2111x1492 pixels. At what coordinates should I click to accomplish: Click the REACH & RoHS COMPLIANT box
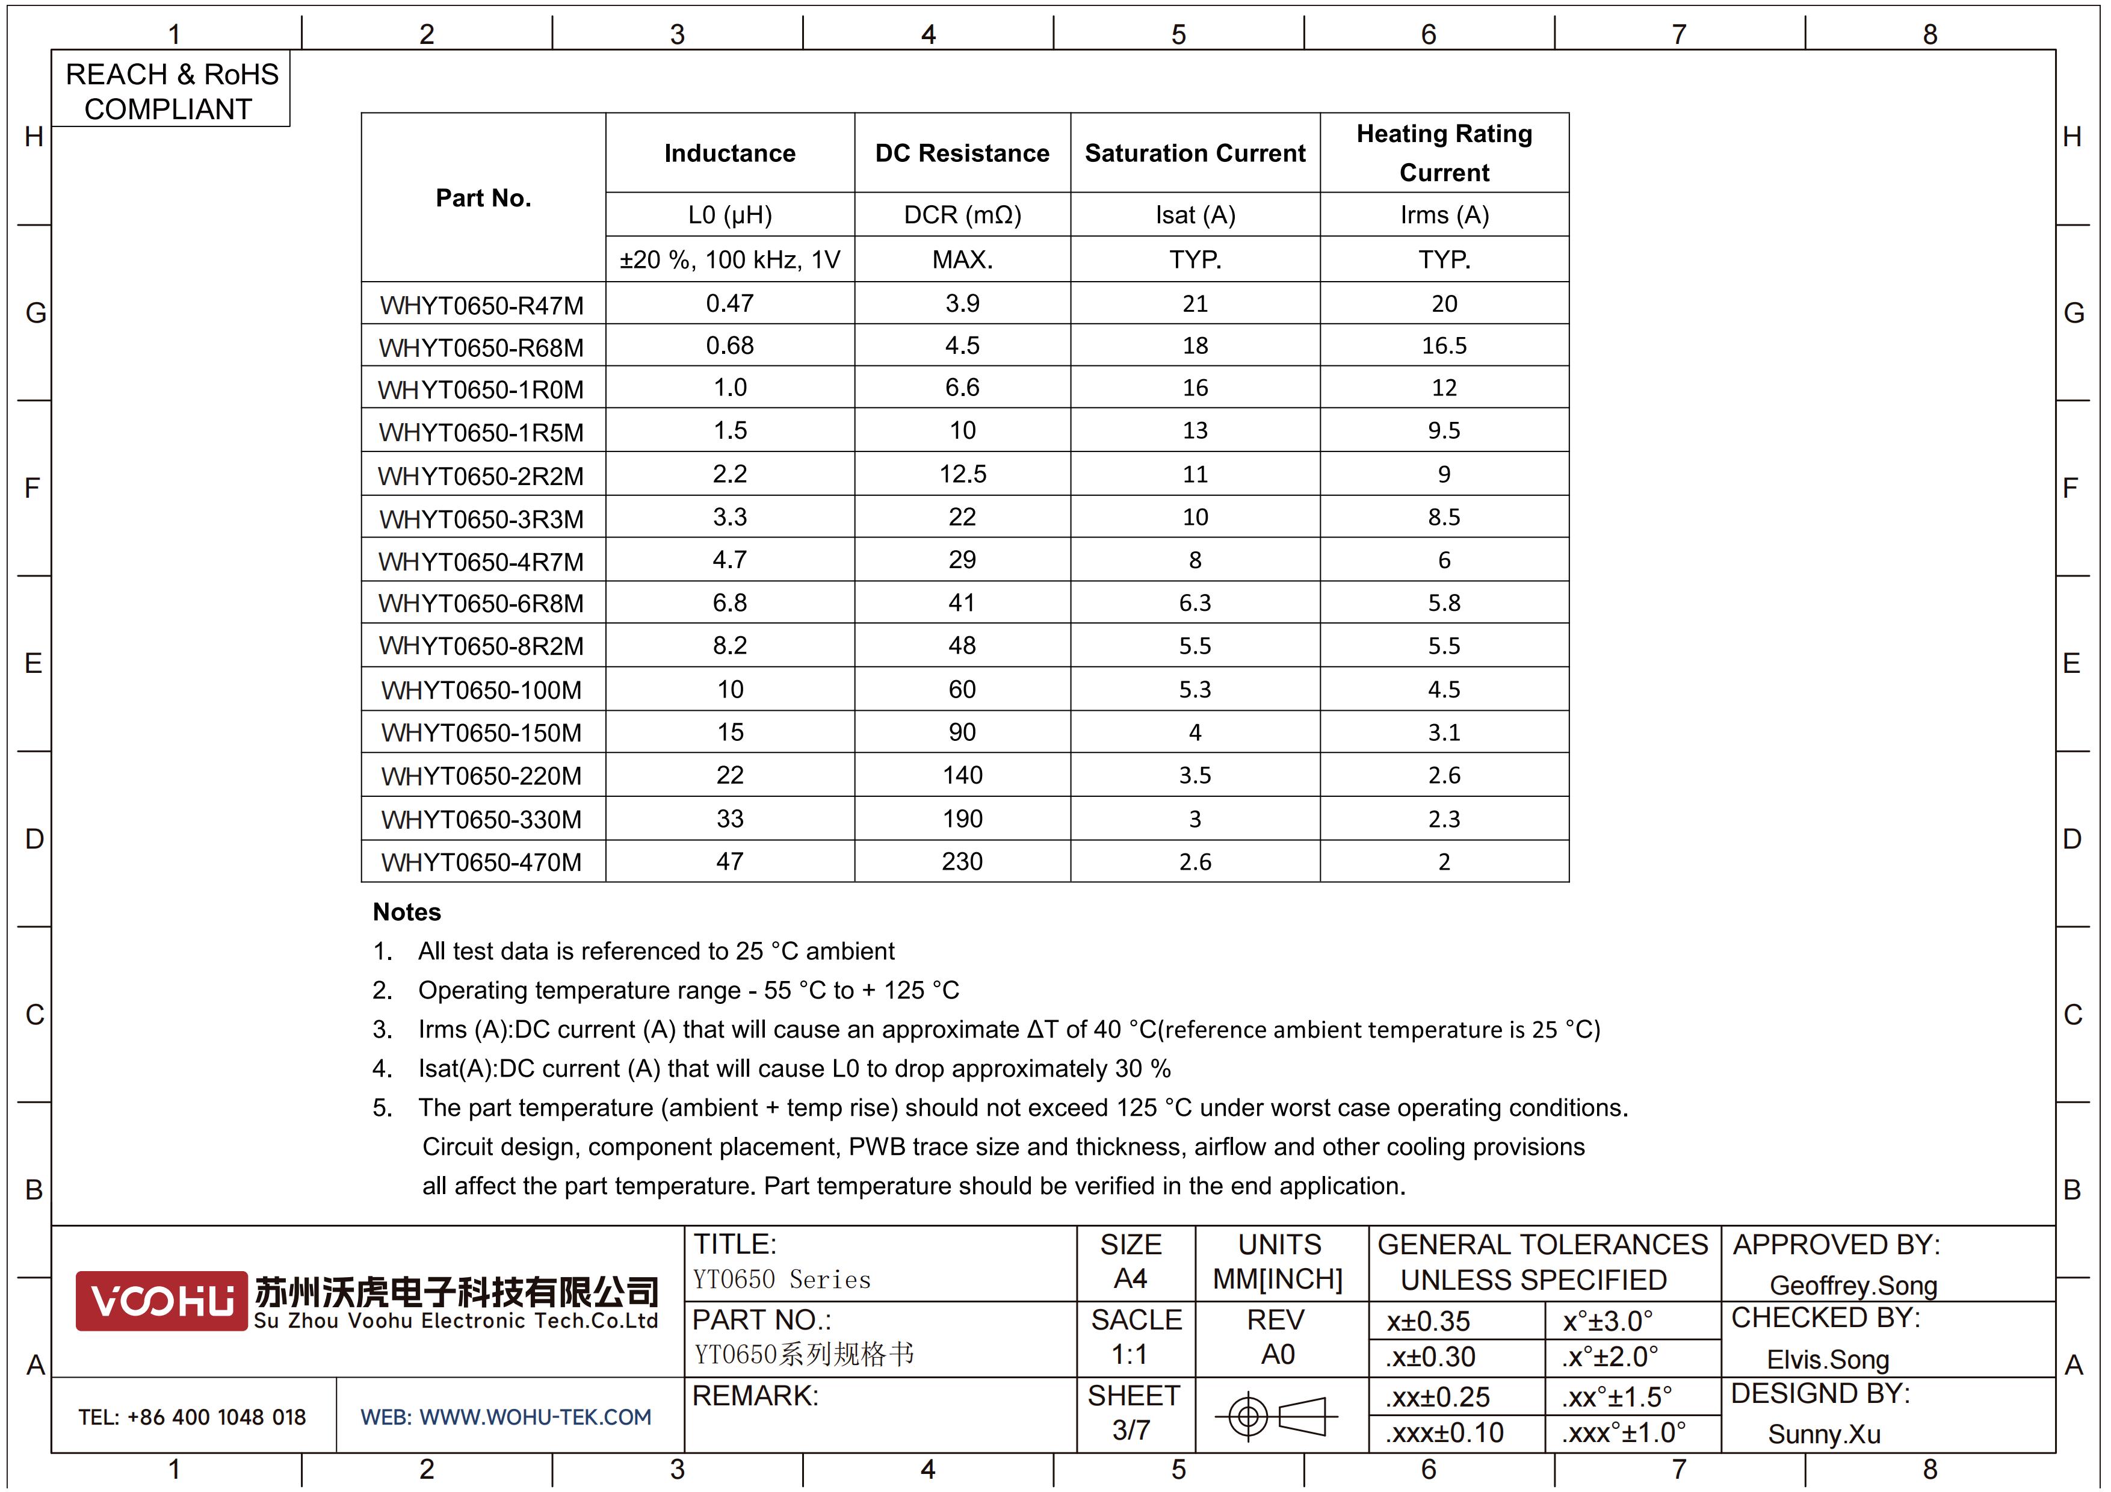click(x=171, y=91)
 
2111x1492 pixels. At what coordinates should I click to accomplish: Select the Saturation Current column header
click(x=1195, y=153)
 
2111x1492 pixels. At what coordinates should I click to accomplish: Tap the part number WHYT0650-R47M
click(x=482, y=305)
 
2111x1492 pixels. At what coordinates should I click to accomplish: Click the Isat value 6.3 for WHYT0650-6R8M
click(x=1195, y=603)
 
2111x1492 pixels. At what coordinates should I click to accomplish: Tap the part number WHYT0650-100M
click(x=482, y=690)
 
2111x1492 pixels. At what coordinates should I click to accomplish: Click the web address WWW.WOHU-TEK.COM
click(x=505, y=1417)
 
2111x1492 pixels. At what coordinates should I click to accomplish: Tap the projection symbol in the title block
click(x=1277, y=1416)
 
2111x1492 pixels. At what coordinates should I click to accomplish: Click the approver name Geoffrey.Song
click(x=1853, y=1285)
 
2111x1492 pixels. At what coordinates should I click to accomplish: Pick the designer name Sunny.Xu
click(x=1823, y=1434)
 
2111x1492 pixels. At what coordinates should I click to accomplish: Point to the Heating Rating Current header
click(x=1444, y=153)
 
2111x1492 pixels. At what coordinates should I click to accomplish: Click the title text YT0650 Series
click(x=782, y=1280)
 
